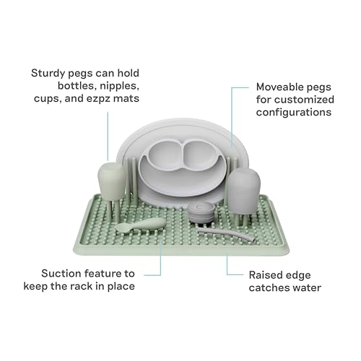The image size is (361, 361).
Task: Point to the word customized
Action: pyautogui.click(x=310, y=100)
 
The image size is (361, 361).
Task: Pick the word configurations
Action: pyautogui.click(x=294, y=113)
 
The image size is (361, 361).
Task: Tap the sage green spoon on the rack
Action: pyautogui.click(x=139, y=225)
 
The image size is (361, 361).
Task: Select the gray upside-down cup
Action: pyautogui.click(x=243, y=190)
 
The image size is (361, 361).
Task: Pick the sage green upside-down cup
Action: pyautogui.click(x=112, y=181)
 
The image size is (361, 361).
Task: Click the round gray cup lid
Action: pyautogui.click(x=201, y=212)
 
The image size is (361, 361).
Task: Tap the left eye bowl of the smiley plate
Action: pyautogui.click(x=165, y=156)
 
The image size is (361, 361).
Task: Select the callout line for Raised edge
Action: pyautogui.click(x=227, y=267)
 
